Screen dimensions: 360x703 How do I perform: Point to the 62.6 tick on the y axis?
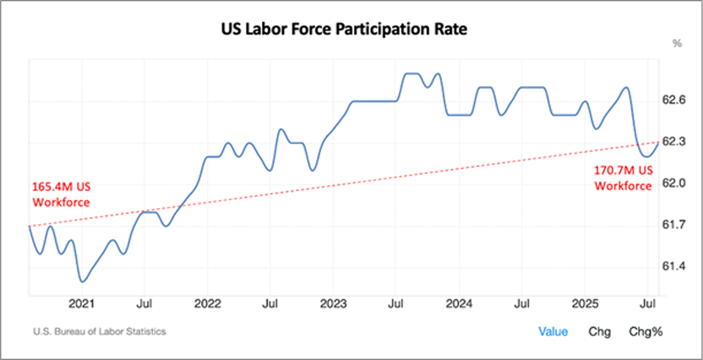pos(673,100)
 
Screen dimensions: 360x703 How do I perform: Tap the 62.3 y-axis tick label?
pos(673,141)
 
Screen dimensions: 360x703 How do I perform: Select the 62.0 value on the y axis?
pos(673,183)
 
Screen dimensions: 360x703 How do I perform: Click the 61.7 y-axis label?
pos(673,224)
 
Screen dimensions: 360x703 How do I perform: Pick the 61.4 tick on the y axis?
pos(673,266)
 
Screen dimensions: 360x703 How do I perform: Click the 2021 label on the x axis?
pos(82,302)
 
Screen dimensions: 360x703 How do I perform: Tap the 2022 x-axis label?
pos(207,302)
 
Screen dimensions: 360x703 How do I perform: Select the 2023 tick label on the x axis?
pos(333,302)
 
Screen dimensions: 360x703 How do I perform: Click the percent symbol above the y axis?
pos(677,43)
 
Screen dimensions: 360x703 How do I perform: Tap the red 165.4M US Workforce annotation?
pos(60,193)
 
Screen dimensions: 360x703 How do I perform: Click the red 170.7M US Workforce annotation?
pos(622,178)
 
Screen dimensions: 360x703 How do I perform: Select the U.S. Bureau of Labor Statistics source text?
pos(100,332)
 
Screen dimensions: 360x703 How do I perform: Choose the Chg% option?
pos(646,332)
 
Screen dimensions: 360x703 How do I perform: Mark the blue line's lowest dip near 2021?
pos(82,281)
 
